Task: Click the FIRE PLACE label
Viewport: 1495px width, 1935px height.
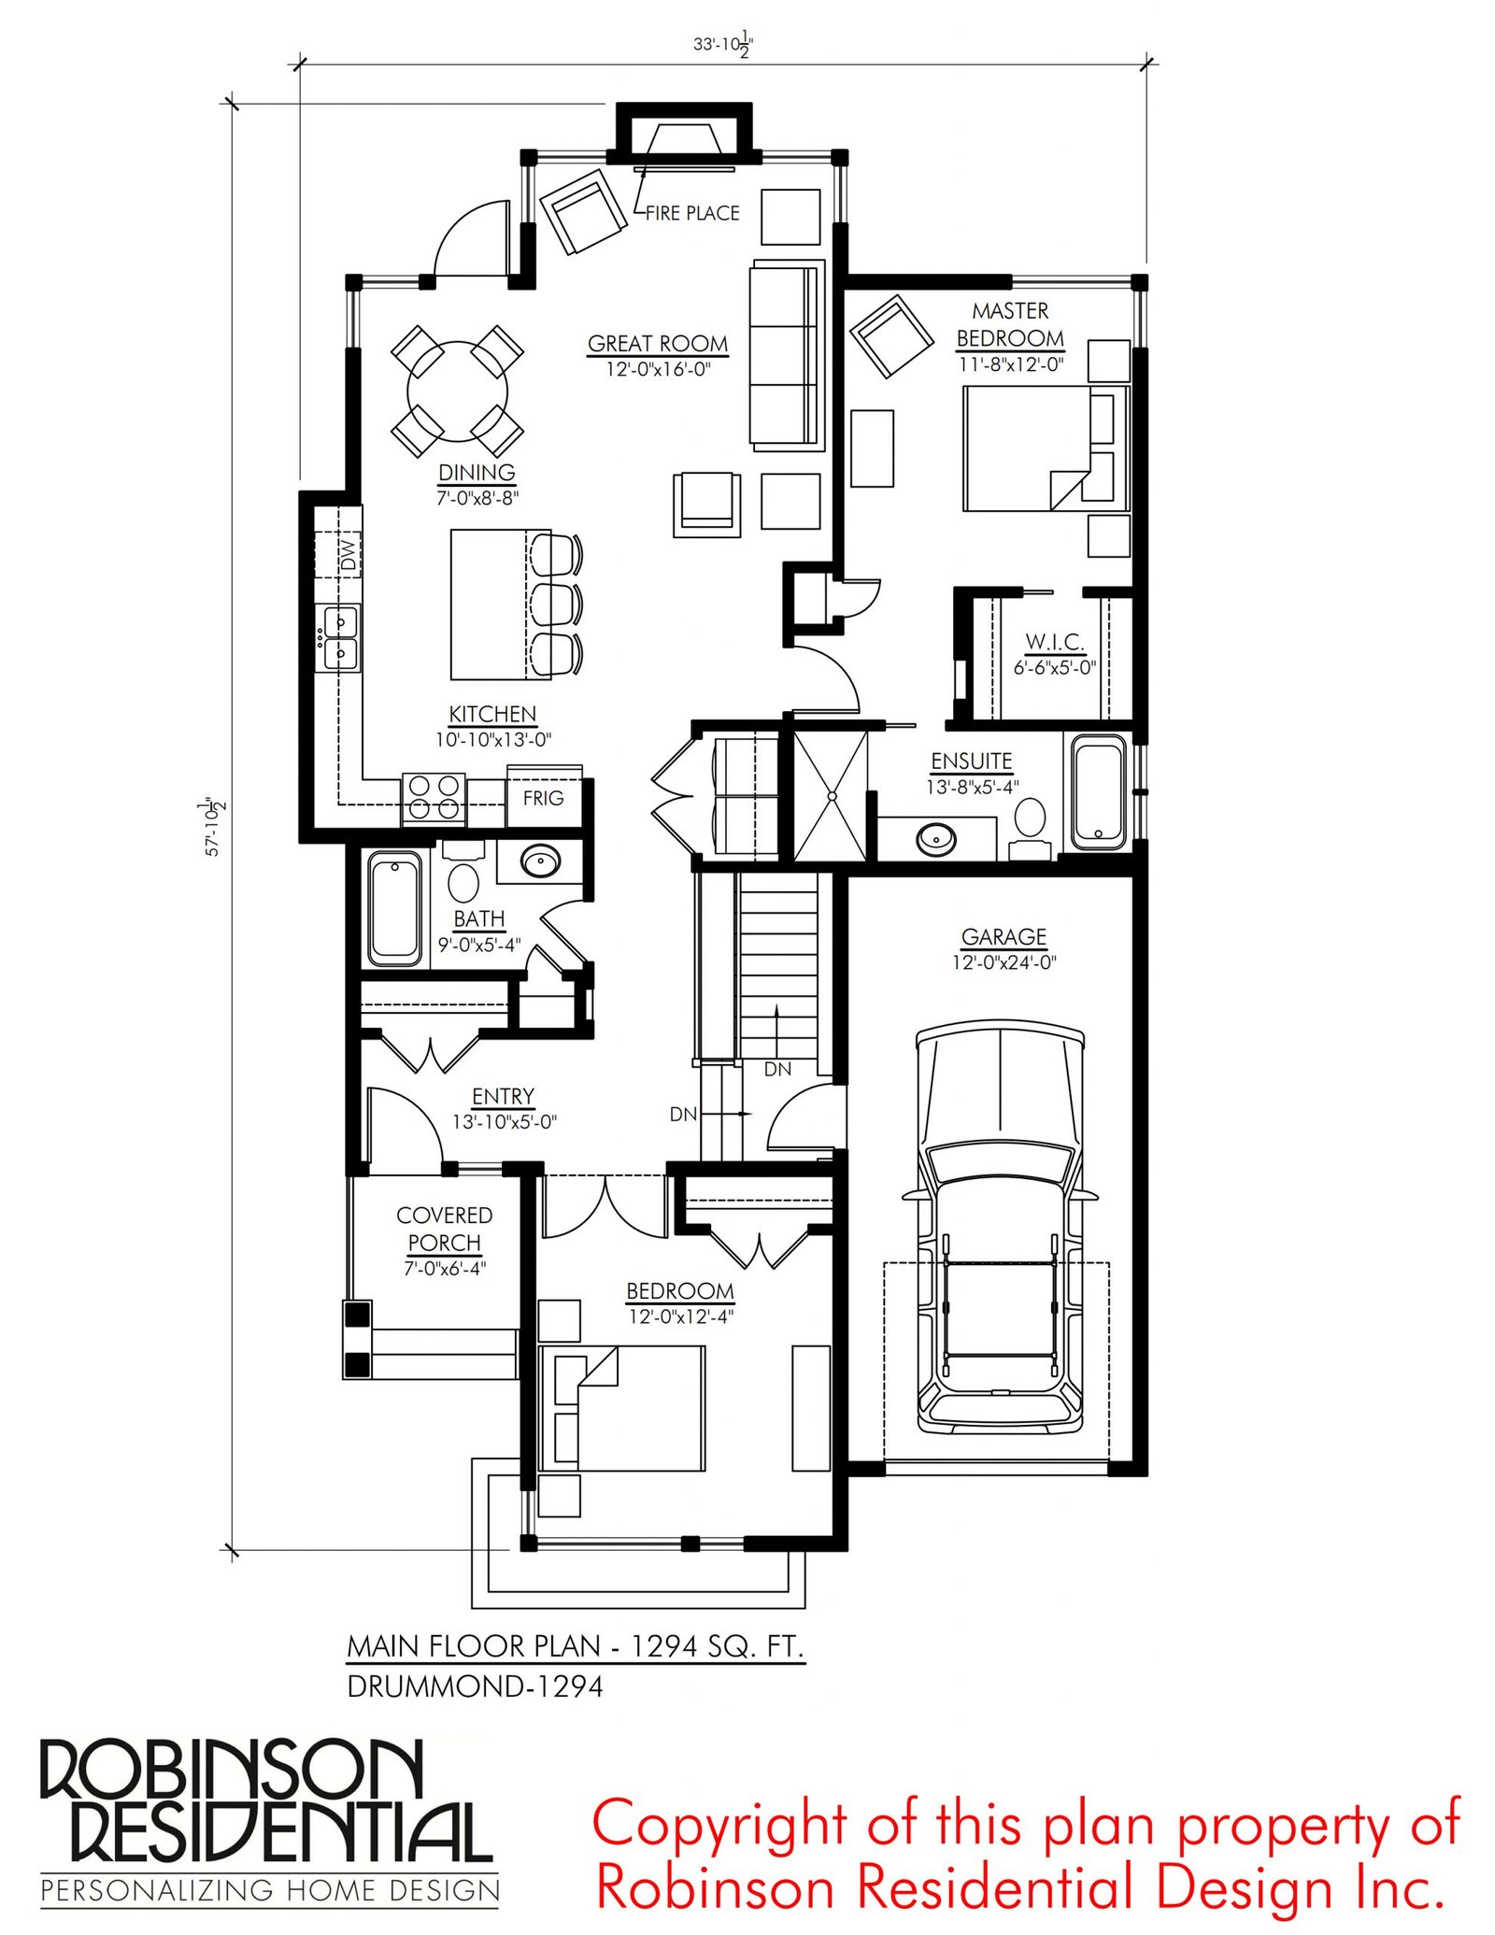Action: coord(692,213)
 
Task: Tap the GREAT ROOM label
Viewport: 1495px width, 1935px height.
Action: coord(658,344)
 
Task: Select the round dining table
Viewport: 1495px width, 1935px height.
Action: coord(458,391)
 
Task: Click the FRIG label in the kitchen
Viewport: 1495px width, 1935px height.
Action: coord(543,798)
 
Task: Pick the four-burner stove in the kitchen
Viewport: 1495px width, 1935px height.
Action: coord(434,798)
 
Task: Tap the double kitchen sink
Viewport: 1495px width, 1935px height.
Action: coord(341,637)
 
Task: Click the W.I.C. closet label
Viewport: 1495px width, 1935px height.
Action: coord(1055,642)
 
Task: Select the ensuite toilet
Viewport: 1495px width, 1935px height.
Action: coord(1030,825)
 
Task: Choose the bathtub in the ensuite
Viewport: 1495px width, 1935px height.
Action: coord(1099,792)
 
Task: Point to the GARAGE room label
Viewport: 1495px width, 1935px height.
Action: coord(1004,936)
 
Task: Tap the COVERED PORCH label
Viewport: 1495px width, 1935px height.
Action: coord(444,1229)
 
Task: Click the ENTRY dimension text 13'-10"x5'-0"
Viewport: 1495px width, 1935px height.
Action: coord(505,1122)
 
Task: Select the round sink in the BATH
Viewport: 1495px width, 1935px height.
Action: coord(540,861)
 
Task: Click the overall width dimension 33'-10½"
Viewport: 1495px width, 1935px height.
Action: coord(723,44)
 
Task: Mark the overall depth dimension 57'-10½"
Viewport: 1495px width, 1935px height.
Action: coord(213,826)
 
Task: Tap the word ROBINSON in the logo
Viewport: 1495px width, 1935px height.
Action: coord(232,1770)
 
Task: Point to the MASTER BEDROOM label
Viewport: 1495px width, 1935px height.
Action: coord(1010,324)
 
